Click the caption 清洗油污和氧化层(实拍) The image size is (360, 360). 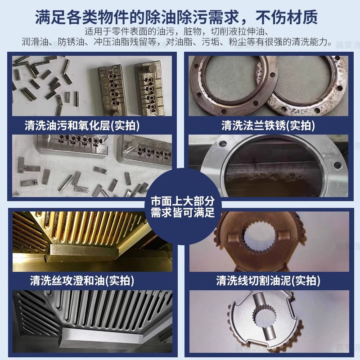tap(82, 125)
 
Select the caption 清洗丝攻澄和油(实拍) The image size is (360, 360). tap(82, 281)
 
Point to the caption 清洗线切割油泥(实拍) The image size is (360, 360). tap(268, 281)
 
